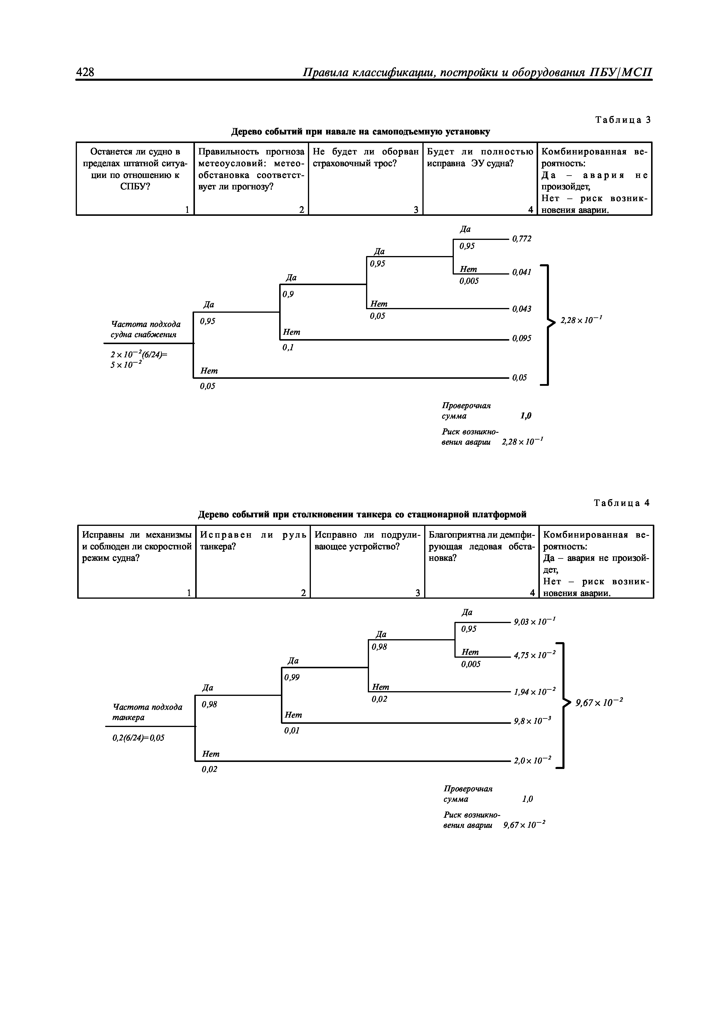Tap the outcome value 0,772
[x=522, y=239]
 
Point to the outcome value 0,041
[x=522, y=272]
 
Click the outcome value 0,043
[x=522, y=309]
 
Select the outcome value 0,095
[x=522, y=338]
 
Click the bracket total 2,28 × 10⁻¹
[x=581, y=320]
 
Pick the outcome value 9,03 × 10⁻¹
[x=535, y=622]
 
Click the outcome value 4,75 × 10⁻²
[x=535, y=655]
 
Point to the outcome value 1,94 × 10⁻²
[x=535, y=692]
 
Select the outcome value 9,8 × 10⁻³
[x=532, y=721]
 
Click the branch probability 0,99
[x=292, y=677]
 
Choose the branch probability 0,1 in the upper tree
[x=288, y=347]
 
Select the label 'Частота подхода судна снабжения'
[x=145, y=329]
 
